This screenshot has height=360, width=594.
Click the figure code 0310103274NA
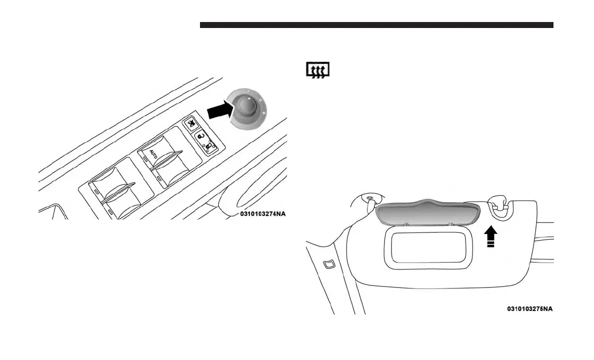tap(263, 214)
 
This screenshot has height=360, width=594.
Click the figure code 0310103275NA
tap(529, 308)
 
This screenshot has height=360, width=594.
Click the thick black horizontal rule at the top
tap(376, 25)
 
